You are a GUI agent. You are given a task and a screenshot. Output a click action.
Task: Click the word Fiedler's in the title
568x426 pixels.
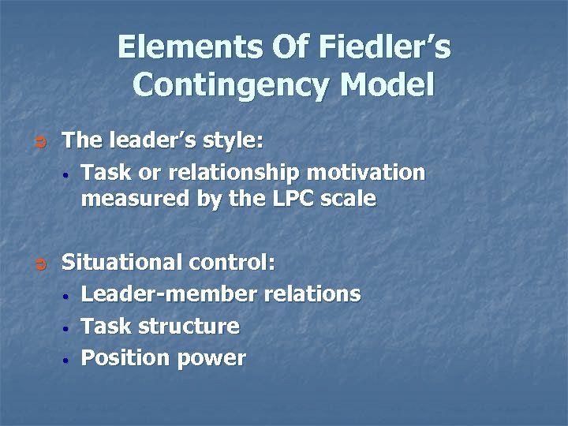[385, 49]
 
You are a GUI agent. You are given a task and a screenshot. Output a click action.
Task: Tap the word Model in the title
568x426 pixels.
[389, 84]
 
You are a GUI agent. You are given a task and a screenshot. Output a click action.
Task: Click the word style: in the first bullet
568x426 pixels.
[229, 142]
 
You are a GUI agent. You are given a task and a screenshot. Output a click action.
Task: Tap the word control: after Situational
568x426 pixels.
[233, 263]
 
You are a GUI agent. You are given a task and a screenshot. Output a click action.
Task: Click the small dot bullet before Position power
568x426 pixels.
[69, 360]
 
